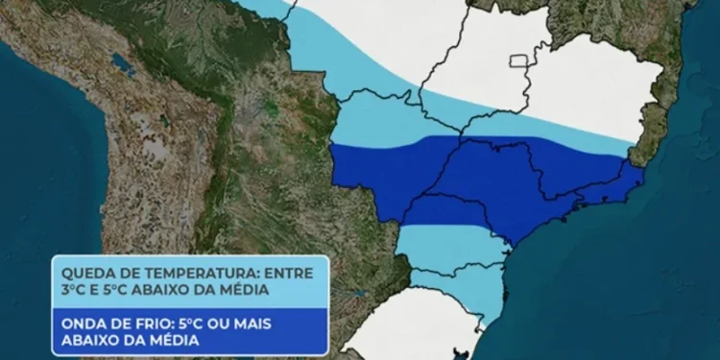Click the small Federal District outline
point(521,61)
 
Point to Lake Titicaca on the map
point(122,67)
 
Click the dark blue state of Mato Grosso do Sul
point(384,178)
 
